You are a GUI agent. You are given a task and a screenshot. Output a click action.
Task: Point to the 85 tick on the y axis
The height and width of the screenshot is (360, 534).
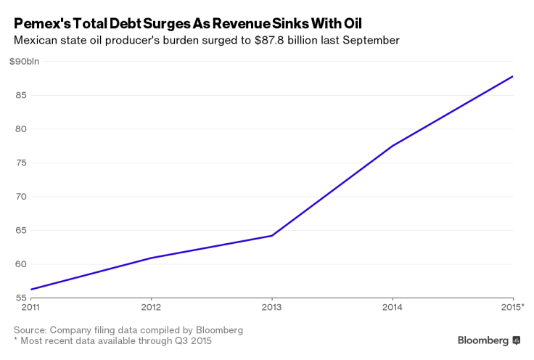[20, 95]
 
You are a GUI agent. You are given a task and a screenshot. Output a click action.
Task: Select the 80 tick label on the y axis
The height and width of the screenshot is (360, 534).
[20, 129]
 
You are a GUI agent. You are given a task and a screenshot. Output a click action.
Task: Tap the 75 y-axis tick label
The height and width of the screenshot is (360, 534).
[20, 163]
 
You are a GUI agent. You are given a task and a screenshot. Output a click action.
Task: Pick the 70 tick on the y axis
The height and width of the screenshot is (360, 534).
[20, 197]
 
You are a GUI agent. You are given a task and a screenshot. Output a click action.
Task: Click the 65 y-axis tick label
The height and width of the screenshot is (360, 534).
[20, 230]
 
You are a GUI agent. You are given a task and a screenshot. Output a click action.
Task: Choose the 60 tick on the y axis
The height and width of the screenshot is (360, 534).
[20, 264]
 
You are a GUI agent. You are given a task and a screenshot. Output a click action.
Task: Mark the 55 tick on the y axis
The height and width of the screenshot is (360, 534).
[20, 298]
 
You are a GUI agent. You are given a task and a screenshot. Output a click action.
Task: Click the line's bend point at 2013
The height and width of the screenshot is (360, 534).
[271, 235]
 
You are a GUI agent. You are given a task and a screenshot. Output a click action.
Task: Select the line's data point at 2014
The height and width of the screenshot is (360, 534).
[393, 146]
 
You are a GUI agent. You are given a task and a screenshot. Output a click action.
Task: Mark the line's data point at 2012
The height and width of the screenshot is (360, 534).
[150, 258]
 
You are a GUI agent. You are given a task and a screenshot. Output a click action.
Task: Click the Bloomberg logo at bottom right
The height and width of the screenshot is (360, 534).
[488, 340]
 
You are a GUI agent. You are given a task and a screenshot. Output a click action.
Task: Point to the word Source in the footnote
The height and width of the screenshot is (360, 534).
[31, 330]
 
